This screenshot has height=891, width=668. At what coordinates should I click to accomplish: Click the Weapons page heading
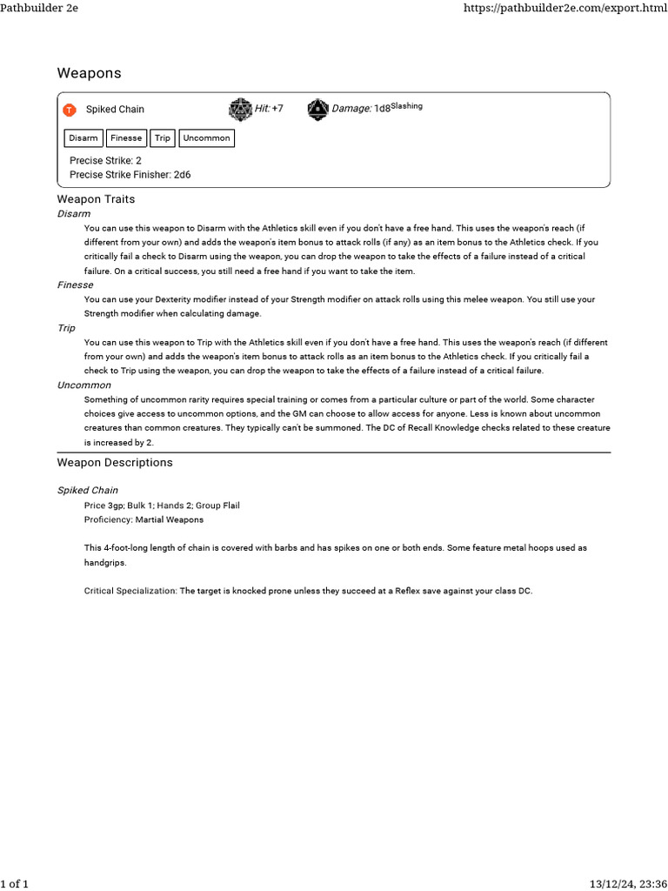click(89, 72)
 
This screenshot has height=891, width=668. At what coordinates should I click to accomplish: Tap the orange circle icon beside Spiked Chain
click(70, 110)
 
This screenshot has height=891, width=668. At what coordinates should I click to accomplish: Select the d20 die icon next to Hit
click(240, 110)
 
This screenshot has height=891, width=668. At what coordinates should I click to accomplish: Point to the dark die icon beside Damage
click(318, 110)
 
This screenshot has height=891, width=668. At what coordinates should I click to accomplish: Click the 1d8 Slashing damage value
click(397, 108)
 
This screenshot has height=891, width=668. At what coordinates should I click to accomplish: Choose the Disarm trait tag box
click(83, 138)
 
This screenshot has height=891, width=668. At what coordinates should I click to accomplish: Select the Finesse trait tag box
click(126, 138)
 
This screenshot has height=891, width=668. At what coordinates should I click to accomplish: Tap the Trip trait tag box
click(163, 138)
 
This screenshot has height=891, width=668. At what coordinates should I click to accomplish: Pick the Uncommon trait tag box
click(206, 138)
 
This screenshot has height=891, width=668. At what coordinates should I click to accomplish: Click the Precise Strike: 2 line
click(105, 161)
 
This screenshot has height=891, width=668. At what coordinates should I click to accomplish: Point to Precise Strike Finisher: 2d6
click(130, 175)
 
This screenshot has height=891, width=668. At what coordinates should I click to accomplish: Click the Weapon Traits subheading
click(96, 199)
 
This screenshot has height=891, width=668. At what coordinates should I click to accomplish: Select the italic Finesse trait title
click(75, 285)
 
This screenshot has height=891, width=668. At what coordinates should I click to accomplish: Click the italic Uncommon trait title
click(83, 385)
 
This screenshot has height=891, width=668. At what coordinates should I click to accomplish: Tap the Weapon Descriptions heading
click(115, 462)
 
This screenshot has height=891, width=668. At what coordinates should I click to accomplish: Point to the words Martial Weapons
click(170, 519)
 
